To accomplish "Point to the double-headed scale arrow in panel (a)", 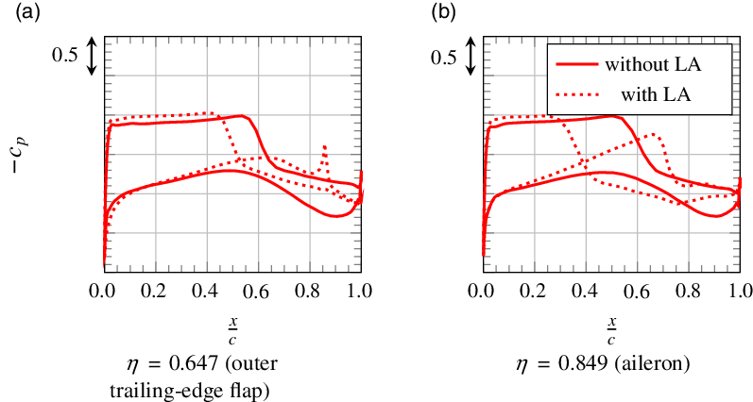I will point(91,56).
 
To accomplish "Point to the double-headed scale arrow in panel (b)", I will point(471,56).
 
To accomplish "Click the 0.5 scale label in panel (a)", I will point(64,56).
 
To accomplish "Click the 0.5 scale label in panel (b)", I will point(444,56).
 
